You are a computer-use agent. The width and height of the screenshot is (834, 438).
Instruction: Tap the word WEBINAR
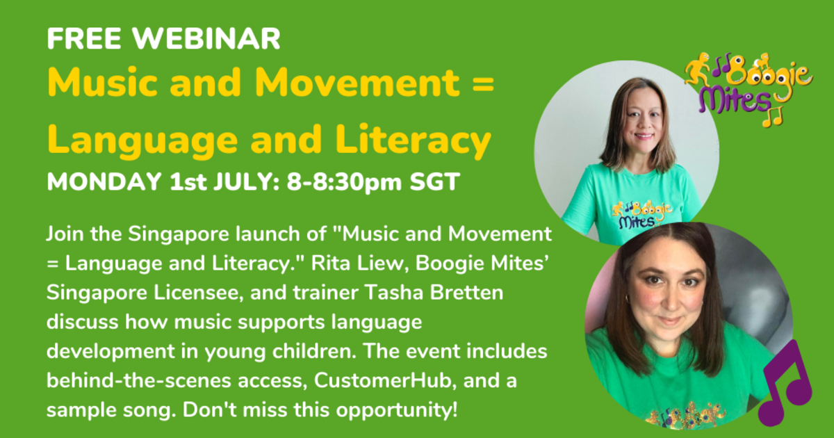tap(206, 40)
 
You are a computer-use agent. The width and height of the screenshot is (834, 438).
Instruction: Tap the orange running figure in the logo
tap(696, 71)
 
